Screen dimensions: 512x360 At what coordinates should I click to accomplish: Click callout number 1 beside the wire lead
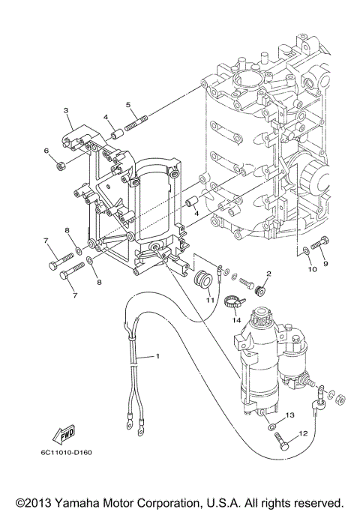[x=158, y=355]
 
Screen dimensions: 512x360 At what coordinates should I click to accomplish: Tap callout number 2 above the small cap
[x=268, y=274]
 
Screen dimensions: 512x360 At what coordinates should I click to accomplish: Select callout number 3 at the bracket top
[x=66, y=110]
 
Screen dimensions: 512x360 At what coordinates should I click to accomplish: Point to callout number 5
[x=128, y=104]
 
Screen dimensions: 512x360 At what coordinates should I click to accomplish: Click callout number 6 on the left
[x=46, y=151]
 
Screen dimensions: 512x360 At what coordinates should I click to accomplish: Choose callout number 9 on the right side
[x=325, y=264]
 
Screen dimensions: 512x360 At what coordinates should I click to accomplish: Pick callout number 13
[x=289, y=414]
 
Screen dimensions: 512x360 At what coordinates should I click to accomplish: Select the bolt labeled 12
[x=281, y=442]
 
